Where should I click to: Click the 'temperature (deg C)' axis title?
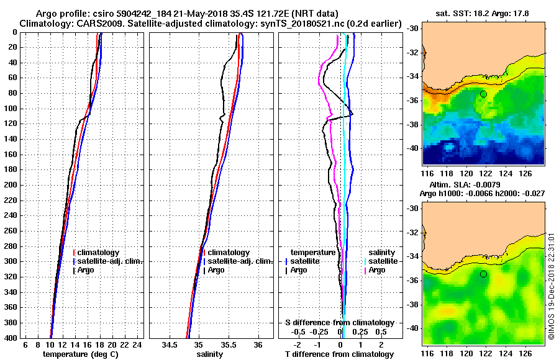pos(80,354)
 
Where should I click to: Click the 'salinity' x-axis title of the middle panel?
pos(210,354)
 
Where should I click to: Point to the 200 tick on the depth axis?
pos(11,185)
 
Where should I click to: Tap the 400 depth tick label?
pos(11,338)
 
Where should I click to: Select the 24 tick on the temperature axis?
pos(138,344)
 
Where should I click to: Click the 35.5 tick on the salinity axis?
pos(228,344)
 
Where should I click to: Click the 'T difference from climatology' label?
pos(339,354)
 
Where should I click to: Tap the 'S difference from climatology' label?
pos(339,323)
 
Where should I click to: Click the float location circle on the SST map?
pos(483,94)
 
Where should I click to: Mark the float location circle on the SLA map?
pos(483,274)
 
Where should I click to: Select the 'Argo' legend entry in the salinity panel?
pos(217,270)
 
